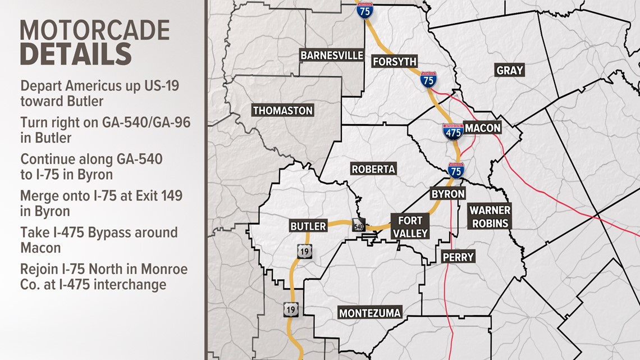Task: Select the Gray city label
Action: pos(509,70)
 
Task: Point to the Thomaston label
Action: pos(282,111)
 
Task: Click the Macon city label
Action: pos(482,128)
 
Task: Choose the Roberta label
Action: pos(373,168)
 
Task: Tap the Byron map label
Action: pos(447,194)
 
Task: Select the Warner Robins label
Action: pos(490,216)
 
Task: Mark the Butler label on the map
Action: pos(308,226)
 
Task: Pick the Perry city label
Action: pos(458,257)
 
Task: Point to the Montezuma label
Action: pos(370,313)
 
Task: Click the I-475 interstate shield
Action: pos(452,131)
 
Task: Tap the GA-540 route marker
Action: pos(358,224)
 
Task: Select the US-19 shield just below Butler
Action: pos(304,252)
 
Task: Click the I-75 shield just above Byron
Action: pos(456,170)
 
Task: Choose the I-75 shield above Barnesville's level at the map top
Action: pos(365,10)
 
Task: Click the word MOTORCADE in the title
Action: pos(94,30)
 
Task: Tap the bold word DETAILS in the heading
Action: pos(76,55)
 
